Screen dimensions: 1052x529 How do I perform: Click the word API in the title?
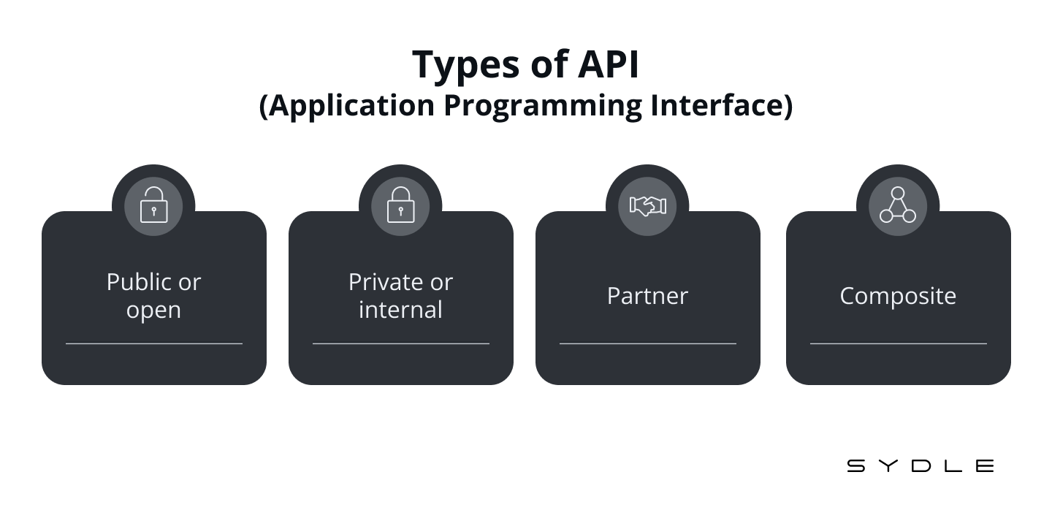click(x=609, y=64)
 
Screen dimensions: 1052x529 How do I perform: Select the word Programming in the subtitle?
click(x=543, y=106)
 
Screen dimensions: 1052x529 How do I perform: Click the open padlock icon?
click(x=153, y=205)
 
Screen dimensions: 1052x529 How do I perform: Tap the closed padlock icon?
click(x=400, y=205)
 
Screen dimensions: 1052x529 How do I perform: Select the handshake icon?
click(x=647, y=206)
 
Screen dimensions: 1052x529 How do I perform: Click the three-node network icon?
click(x=897, y=205)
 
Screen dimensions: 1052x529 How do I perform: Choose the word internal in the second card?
click(x=400, y=310)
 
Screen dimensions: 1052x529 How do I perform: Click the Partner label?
click(x=647, y=296)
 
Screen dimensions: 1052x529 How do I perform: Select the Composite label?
click(x=898, y=297)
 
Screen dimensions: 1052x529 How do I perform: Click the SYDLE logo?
click(x=920, y=465)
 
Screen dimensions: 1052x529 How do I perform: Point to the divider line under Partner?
click(x=647, y=343)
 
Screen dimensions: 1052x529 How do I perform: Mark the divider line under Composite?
click(x=898, y=343)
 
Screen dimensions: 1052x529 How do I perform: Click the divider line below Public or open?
click(x=154, y=343)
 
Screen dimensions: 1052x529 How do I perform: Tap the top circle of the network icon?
click(x=897, y=193)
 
